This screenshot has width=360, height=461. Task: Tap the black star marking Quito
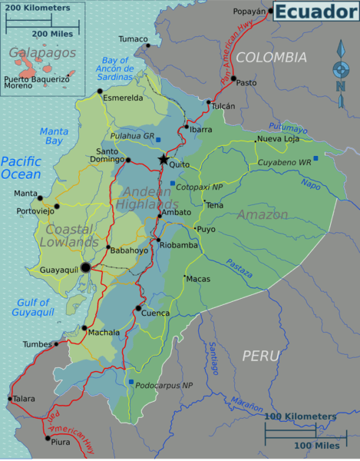163,159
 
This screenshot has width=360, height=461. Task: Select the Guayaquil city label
58,270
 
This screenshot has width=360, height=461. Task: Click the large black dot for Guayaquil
86,267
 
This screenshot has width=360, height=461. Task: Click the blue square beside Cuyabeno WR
315,158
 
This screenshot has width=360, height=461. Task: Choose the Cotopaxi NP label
201,186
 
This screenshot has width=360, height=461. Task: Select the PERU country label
261,355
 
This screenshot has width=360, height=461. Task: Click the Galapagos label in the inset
42,53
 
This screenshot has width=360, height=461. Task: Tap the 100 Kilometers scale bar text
300,416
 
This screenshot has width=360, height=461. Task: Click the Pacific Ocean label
21,167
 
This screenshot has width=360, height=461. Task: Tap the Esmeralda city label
124,98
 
